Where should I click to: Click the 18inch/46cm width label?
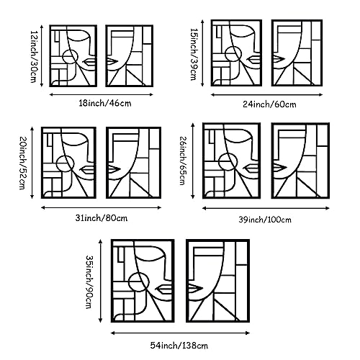[105, 103]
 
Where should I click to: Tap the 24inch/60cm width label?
[269, 104]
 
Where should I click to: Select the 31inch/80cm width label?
[102, 218]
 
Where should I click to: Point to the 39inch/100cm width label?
[265, 220]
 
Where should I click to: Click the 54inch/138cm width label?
[179, 346]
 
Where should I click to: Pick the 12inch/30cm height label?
[34, 56]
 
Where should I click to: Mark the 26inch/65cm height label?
[183, 161]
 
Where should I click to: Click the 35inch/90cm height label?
[89, 282]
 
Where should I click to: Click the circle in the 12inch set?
[63, 57]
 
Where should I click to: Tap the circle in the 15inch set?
[226, 54]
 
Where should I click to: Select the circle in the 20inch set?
[56, 163]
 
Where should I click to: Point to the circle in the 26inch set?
[219, 161]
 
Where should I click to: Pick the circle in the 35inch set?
[129, 283]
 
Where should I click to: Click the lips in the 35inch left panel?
[163, 288]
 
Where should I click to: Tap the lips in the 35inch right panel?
[195, 288]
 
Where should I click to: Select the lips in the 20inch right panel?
[114, 169]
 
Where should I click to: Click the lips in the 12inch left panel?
[89, 61]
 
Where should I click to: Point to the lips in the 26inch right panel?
[280, 167]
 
